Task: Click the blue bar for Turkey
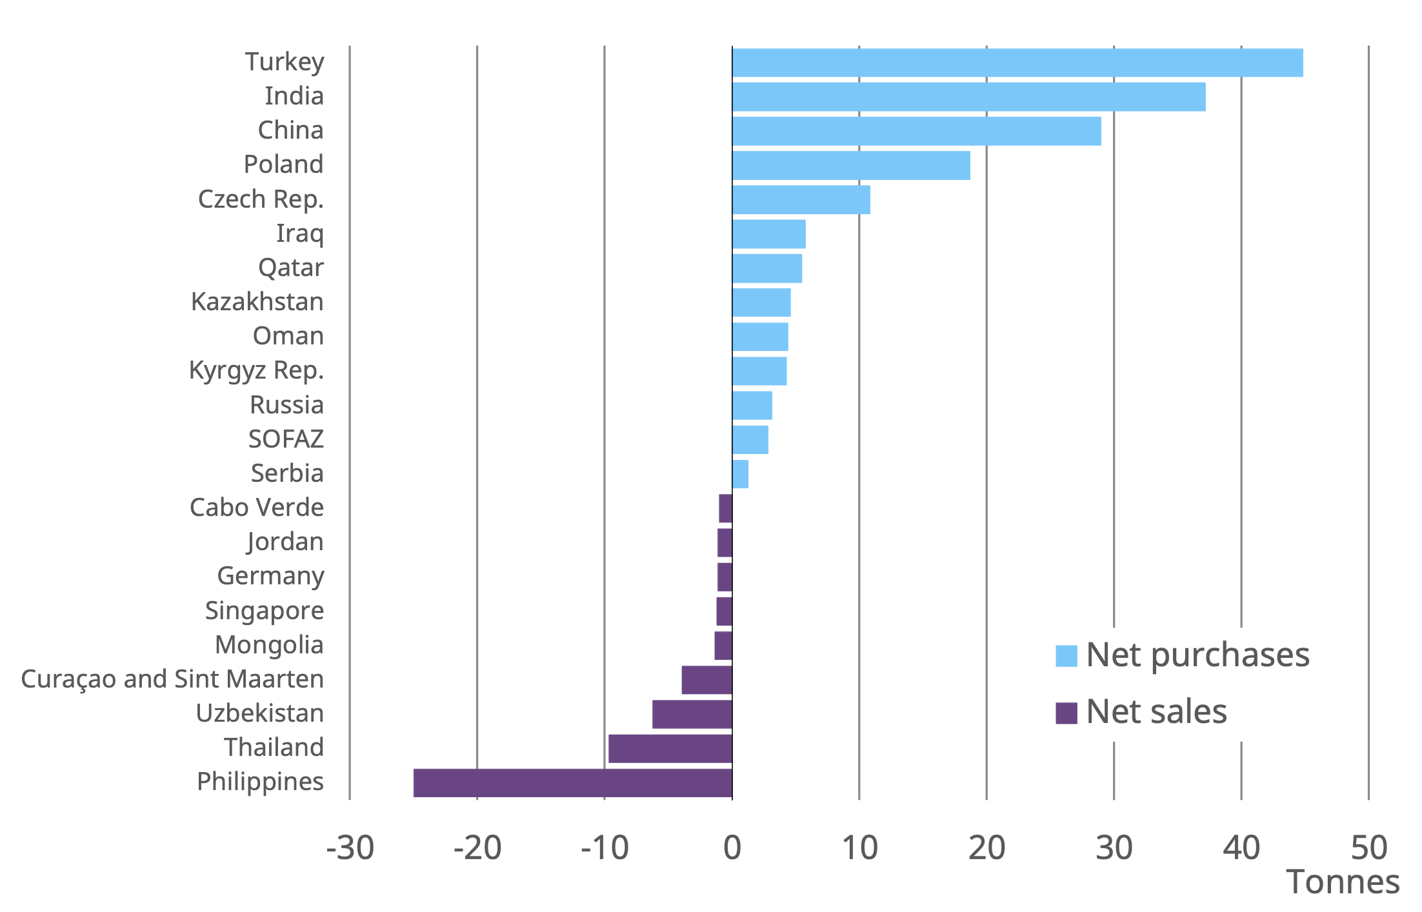tap(1017, 63)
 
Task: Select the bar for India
tap(968, 97)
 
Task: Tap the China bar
tap(916, 131)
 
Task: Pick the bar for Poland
tap(850, 165)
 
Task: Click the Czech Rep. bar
tap(801, 199)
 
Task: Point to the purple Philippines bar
tap(572, 782)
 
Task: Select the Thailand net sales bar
tap(670, 748)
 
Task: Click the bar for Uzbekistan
tap(692, 714)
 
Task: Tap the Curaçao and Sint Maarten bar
tap(706, 680)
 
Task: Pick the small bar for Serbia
tap(740, 474)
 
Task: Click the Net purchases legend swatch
tap(1066, 656)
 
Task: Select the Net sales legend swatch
tap(1066, 713)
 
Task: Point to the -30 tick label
tap(350, 848)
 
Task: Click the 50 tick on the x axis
tap(1368, 848)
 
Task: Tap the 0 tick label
tap(732, 848)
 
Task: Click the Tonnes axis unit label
tap(1343, 882)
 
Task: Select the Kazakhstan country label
tap(257, 302)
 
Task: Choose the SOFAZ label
tap(286, 439)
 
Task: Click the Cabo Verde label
tap(256, 508)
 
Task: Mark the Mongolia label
tap(268, 645)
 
